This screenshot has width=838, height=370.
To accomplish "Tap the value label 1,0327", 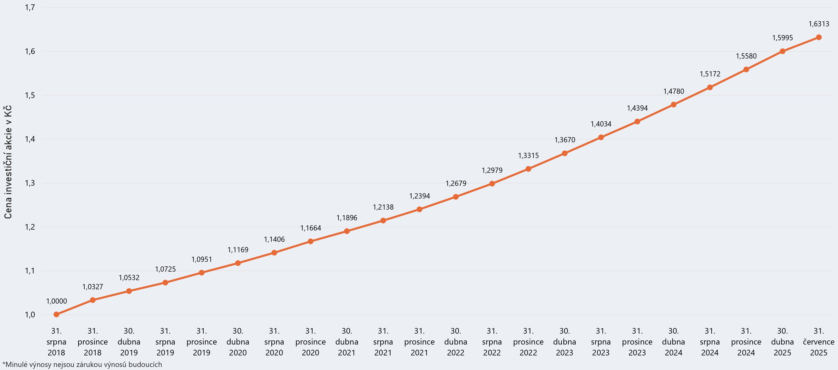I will (x=93, y=287).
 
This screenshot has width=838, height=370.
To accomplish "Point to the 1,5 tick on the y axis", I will (x=30, y=95).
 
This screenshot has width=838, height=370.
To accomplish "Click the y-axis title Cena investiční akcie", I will (x=8, y=162).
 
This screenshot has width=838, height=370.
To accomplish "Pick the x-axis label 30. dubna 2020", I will (x=238, y=342).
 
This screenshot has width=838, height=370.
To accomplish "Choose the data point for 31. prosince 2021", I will (x=419, y=209).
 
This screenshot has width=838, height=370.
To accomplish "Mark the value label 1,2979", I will (x=492, y=170).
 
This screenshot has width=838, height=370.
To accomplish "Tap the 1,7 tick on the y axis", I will (x=30, y=7).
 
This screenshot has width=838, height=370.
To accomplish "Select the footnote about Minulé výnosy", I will (x=82, y=365).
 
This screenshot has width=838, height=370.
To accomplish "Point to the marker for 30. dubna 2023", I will (x=565, y=153).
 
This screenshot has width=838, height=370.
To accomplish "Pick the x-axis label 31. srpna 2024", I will (x=710, y=342).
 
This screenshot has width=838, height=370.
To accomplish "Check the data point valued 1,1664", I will (x=310, y=241).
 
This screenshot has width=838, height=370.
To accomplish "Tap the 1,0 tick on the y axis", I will (x=30, y=315).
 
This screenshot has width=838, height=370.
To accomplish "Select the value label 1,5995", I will (x=782, y=38).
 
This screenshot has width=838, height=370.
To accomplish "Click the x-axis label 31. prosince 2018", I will (x=93, y=342).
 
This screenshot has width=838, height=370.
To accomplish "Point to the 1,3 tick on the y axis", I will (x=30, y=183).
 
